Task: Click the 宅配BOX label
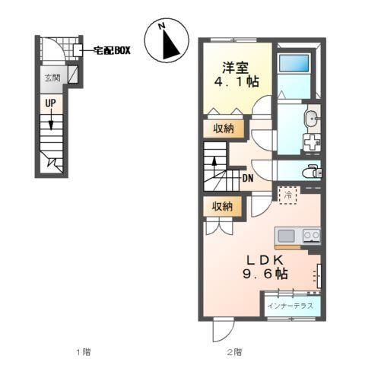113,49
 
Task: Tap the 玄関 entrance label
51,77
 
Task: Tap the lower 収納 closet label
223,205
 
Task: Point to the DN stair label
248,179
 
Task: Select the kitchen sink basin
288,234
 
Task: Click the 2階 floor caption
234,351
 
